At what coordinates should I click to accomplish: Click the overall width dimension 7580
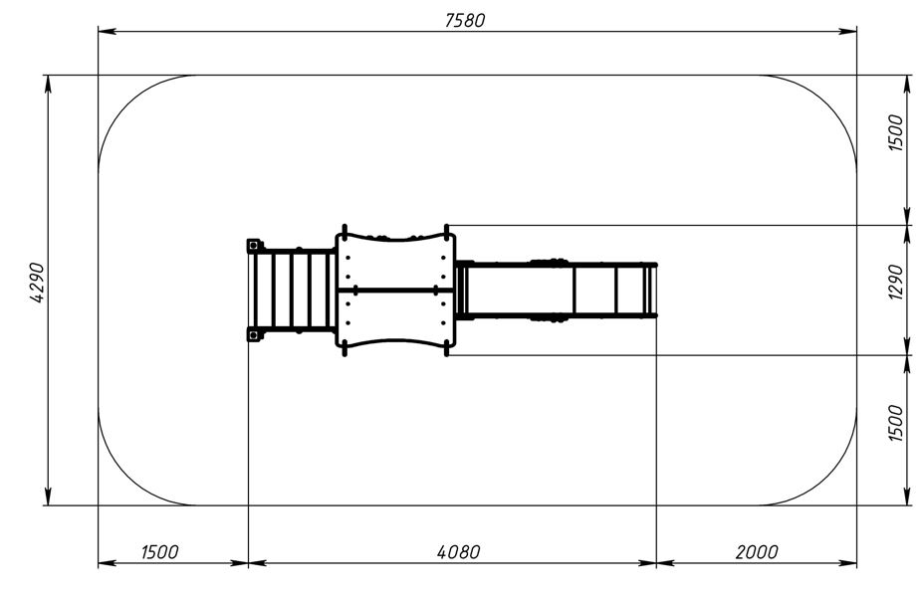[x=465, y=20]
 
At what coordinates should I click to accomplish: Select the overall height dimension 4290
[x=37, y=283]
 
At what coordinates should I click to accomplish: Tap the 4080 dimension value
[x=458, y=552]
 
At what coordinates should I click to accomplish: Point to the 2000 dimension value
[x=757, y=552]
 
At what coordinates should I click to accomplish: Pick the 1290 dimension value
[x=895, y=282]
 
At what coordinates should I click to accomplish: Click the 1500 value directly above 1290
[x=895, y=133]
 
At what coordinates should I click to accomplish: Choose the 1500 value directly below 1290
[x=895, y=423]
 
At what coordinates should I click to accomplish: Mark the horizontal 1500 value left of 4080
[x=159, y=552]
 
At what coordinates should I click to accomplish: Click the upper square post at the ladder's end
[x=253, y=245]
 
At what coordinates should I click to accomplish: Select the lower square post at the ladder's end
[x=253, y=335]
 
